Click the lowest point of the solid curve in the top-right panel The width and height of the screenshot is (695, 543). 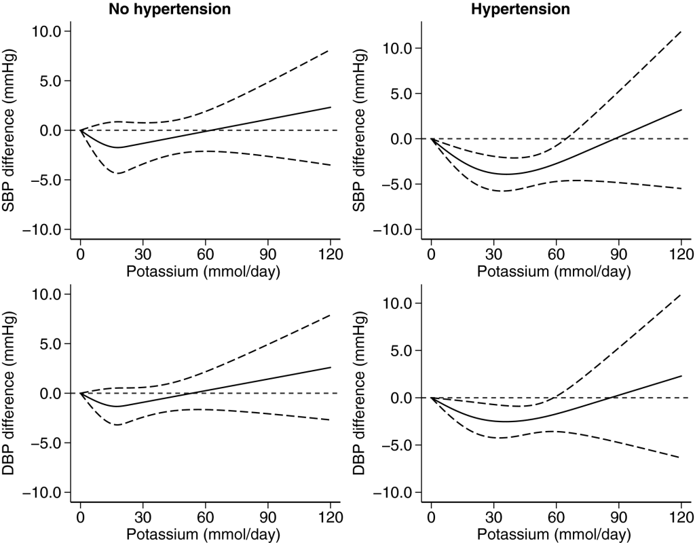tap(506, 174)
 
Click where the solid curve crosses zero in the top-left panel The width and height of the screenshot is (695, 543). tap(213, 130)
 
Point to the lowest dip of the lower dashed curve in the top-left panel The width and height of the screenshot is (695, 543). tap(118, 174)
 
